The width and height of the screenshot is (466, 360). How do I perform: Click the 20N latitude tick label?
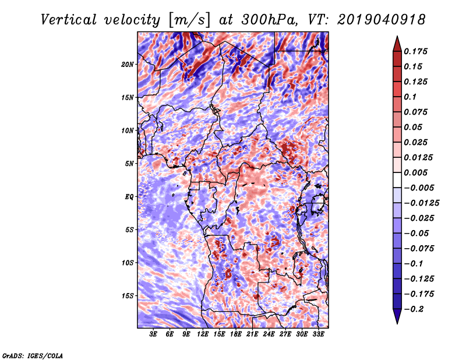[127, 64]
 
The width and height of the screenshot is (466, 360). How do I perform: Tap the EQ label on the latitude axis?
[129, 197]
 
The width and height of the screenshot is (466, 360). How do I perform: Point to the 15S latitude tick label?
[127, 296]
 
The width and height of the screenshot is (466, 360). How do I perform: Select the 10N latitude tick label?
[127, 130]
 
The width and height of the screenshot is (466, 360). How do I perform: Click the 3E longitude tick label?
[153, 334]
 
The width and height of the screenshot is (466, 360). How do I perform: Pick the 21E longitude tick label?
[252, 334]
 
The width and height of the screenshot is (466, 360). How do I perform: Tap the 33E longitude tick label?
[318, 334]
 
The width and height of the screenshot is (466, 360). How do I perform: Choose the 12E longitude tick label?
[203, 334]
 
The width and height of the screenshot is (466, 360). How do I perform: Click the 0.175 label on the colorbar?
[415, 51]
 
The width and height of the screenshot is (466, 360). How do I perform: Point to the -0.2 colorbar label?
[414, 309]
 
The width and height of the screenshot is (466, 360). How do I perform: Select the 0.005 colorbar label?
[415, 172]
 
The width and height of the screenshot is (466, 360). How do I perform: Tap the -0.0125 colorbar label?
[421, 203]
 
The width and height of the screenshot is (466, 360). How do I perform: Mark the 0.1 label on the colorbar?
[410, 97]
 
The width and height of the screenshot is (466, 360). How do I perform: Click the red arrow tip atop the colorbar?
[397, 36]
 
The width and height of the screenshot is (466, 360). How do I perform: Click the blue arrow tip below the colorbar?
[397, 323]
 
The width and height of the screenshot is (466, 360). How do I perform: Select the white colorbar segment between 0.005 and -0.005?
[397, 180]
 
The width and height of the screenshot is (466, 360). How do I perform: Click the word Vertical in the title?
[69, 20]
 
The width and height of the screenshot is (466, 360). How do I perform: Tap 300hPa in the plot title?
[269, 20]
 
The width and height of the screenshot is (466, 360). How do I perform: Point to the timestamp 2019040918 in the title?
[381, 20]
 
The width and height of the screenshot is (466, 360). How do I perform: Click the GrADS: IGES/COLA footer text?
[33, 355]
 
